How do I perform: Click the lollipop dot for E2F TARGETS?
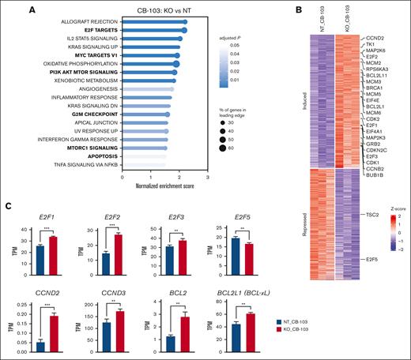click(184, 31)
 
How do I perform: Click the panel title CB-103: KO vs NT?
click(164, 9)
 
